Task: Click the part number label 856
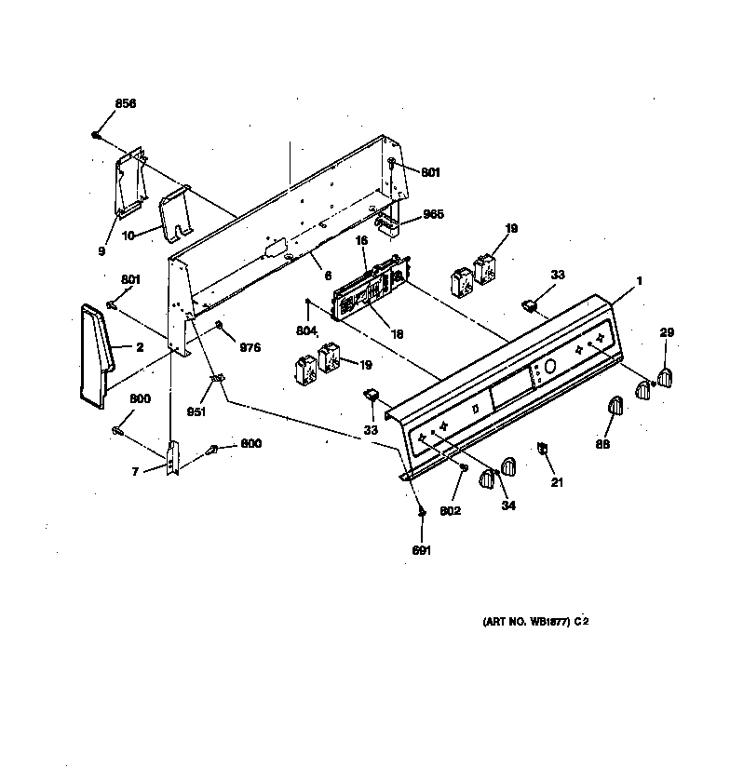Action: (125, 103)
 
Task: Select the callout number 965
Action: (433, 214)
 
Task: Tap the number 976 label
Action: (250, 347)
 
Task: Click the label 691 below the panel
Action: (422, 550)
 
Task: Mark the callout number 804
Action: (307, 330)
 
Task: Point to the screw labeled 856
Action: (97, 136)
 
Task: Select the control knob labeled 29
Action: (665, 376)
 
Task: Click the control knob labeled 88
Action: (615, 407)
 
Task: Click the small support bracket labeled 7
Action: (173, 458)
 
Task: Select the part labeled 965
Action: (387, 223)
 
